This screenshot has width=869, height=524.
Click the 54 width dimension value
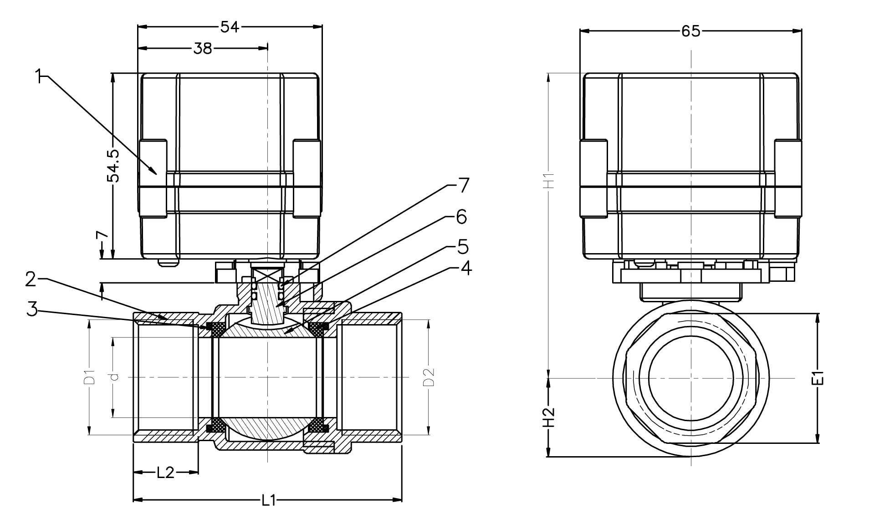click(230, 27)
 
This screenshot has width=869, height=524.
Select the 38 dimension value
click(203, 48)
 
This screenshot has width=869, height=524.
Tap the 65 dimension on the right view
click(690, 31)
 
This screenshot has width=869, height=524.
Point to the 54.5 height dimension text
click(113, 166)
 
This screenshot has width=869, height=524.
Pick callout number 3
click(31, 309)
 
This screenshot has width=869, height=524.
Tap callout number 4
click(465, 268)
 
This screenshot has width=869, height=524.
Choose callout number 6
click(461, 217)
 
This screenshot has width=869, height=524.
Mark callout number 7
click(463, 186)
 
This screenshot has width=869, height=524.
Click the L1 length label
click(268, 501)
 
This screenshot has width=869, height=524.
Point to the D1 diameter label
click(90, 377)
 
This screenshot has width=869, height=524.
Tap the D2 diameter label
click(429, 377)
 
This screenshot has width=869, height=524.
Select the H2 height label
click(550, 417)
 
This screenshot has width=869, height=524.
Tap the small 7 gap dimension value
click(102, 235)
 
